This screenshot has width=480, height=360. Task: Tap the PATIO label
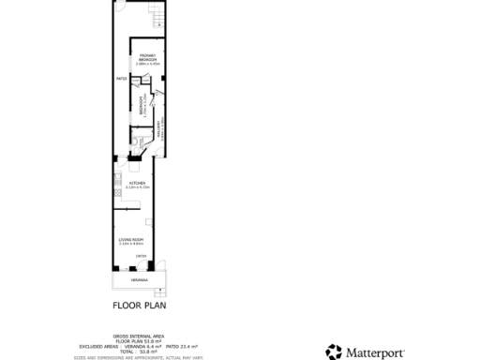click(121, 79)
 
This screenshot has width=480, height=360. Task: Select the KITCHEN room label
click(138, 183)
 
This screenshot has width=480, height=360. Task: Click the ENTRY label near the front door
click(141, 256)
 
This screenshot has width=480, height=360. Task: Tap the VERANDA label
click(138, 280)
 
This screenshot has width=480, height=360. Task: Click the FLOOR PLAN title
click(138, 305)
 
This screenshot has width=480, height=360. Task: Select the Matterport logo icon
click(334, 352)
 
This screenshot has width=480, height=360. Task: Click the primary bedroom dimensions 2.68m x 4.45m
click(147, 64)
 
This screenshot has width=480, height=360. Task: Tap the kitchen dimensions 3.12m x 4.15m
click(138, 188)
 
